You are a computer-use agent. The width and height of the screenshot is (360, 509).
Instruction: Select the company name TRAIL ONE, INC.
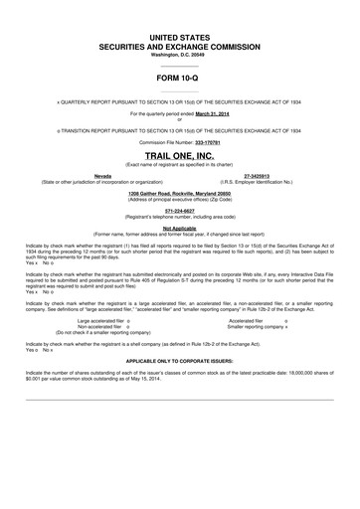click(x=180, y=155)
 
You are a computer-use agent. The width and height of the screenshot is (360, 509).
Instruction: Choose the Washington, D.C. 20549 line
click(x=180, y=55)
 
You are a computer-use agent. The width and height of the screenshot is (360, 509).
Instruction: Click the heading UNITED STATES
click(x=180, y=36)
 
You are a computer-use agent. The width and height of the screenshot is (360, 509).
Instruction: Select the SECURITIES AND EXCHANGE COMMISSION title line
click(x=180, y=46)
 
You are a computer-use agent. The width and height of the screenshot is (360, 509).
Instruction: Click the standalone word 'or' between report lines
click(x=180, y=121)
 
